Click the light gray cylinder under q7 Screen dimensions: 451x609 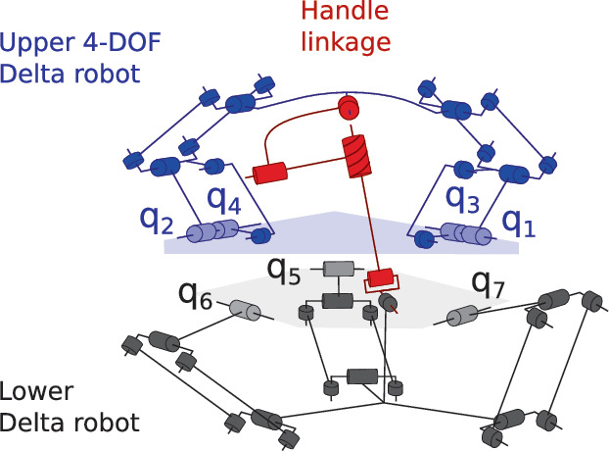(462, 316)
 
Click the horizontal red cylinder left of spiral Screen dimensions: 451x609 (272, 174)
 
